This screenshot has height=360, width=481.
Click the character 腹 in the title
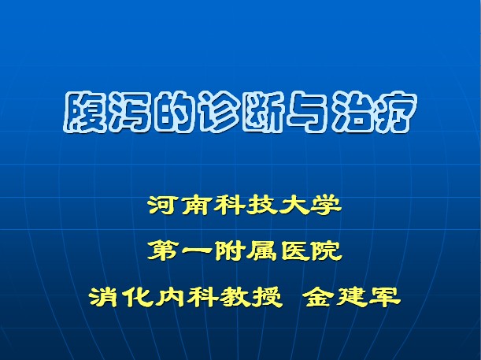pyautogui.click(x=84, y=113)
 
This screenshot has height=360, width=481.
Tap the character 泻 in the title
pyautogui.click(x=129, y=113)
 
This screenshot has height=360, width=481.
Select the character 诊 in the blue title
pyautogui.click(x=220, y=113)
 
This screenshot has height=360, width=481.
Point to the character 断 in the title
pyautogui.click(x=265, y=113)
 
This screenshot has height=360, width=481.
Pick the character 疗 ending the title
pyautogui.click(x=397, y=113)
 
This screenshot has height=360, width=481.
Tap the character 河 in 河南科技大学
pyautogui.click(x=163, y=205)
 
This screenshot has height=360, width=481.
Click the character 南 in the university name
pyautogui.click(x=196, y=205)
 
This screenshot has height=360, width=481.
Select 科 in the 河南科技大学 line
pyautogui.click(x=228, y=205)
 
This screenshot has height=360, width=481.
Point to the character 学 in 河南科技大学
pyautogui.click(x=326, y=205)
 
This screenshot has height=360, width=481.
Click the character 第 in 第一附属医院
pyautogui.click(x=163, y=251)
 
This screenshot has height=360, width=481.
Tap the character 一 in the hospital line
pyautogui.click(x=196, y=251)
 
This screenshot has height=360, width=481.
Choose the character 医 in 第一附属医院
pyautogui.click(x=294, y=251)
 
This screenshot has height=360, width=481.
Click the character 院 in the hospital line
pyautogui.click(x=326, y=251)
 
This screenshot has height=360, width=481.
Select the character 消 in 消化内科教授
pyautogui.click(x=105, y=296)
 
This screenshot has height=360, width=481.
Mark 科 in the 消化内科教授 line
pyautogui.click(x=202, y=296)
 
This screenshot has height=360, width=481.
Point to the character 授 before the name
pyautogui.click(x=267, y=296)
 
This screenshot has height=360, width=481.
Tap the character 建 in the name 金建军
pyautogui.click(x=352, y=296)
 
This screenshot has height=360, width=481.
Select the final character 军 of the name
pyautogui.click(x=385, y=296)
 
